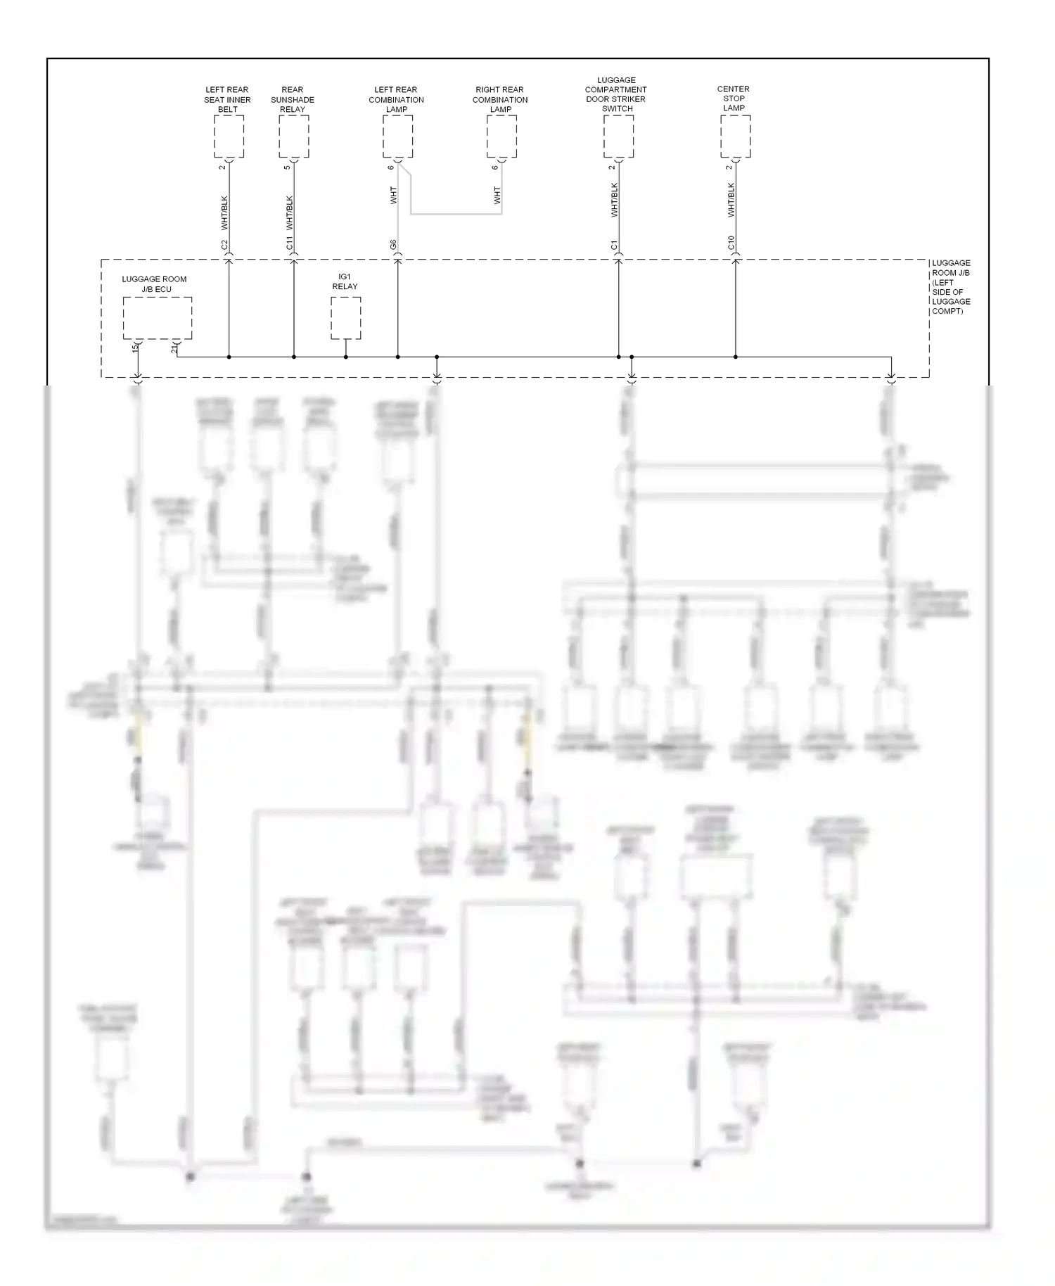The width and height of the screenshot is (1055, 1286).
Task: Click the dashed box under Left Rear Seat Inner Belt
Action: tap(229, 136)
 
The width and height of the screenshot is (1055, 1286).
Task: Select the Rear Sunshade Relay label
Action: tap(293, 99)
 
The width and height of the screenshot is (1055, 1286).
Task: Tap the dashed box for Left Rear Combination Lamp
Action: tap(397, 136)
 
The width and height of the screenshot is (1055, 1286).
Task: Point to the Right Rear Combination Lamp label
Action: tap(500, 99)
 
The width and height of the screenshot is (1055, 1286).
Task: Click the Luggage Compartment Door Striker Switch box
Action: tap(618, 136)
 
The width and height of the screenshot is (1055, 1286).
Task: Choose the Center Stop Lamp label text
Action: tap(734, 98)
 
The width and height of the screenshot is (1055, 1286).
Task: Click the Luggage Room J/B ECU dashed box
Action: tap(158, 318)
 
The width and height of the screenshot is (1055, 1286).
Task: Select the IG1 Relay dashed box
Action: tap(346, 318)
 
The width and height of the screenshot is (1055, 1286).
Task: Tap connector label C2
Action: tap(225, 245)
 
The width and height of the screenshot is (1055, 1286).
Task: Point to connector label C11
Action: tap(290, 243)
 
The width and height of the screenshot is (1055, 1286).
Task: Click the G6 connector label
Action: tap(394, 245)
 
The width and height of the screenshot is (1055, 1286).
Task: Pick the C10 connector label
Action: tap(731, 243)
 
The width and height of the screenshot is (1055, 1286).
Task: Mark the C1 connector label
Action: tap(615, 245)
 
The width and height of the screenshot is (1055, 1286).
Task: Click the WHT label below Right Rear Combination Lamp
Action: tap(497, 196)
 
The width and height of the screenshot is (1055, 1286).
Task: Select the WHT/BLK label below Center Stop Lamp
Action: tap(731, 200)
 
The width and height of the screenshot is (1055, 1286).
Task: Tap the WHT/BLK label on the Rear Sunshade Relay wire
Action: tap(290, 212)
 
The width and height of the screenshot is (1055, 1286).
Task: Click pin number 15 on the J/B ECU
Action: tap(135, 348)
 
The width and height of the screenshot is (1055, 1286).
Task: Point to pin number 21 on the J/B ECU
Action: tap(174, 348)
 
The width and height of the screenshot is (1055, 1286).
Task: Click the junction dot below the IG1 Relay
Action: tap(346, 357)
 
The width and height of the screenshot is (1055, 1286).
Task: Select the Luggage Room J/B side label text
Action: tap(951, 287)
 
